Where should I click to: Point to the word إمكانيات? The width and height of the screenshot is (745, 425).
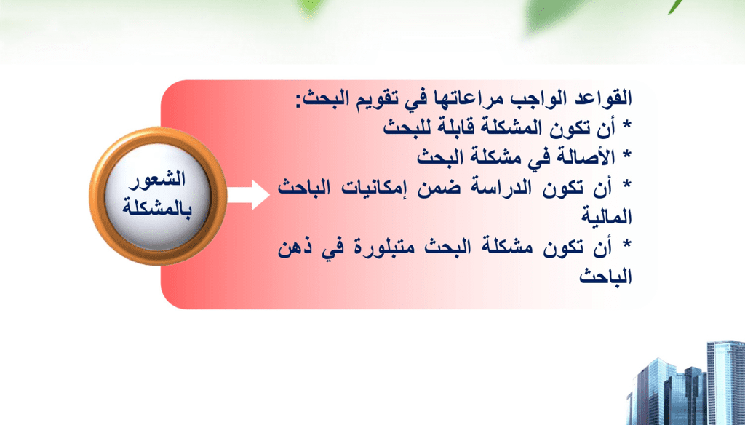tap(375, 189)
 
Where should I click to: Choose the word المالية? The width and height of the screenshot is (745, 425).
tap(607, 217)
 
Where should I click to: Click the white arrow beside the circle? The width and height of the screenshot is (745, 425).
tap(249, 195)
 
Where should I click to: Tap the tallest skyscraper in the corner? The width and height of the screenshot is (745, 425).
tap(726, 383)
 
